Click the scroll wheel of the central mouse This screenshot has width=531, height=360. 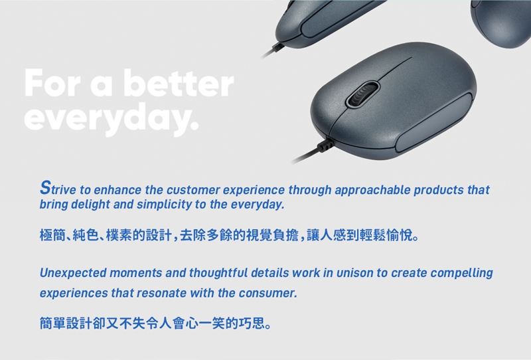[x=362, y=94]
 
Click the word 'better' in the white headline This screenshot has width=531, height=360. [x=179, y=84]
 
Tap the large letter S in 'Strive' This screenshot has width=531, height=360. [x=45, y=187]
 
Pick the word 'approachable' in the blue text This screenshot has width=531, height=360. [x=372, y=191]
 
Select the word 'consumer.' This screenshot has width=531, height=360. [x=268, y=293]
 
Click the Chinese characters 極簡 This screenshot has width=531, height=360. [x=52, y=235]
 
